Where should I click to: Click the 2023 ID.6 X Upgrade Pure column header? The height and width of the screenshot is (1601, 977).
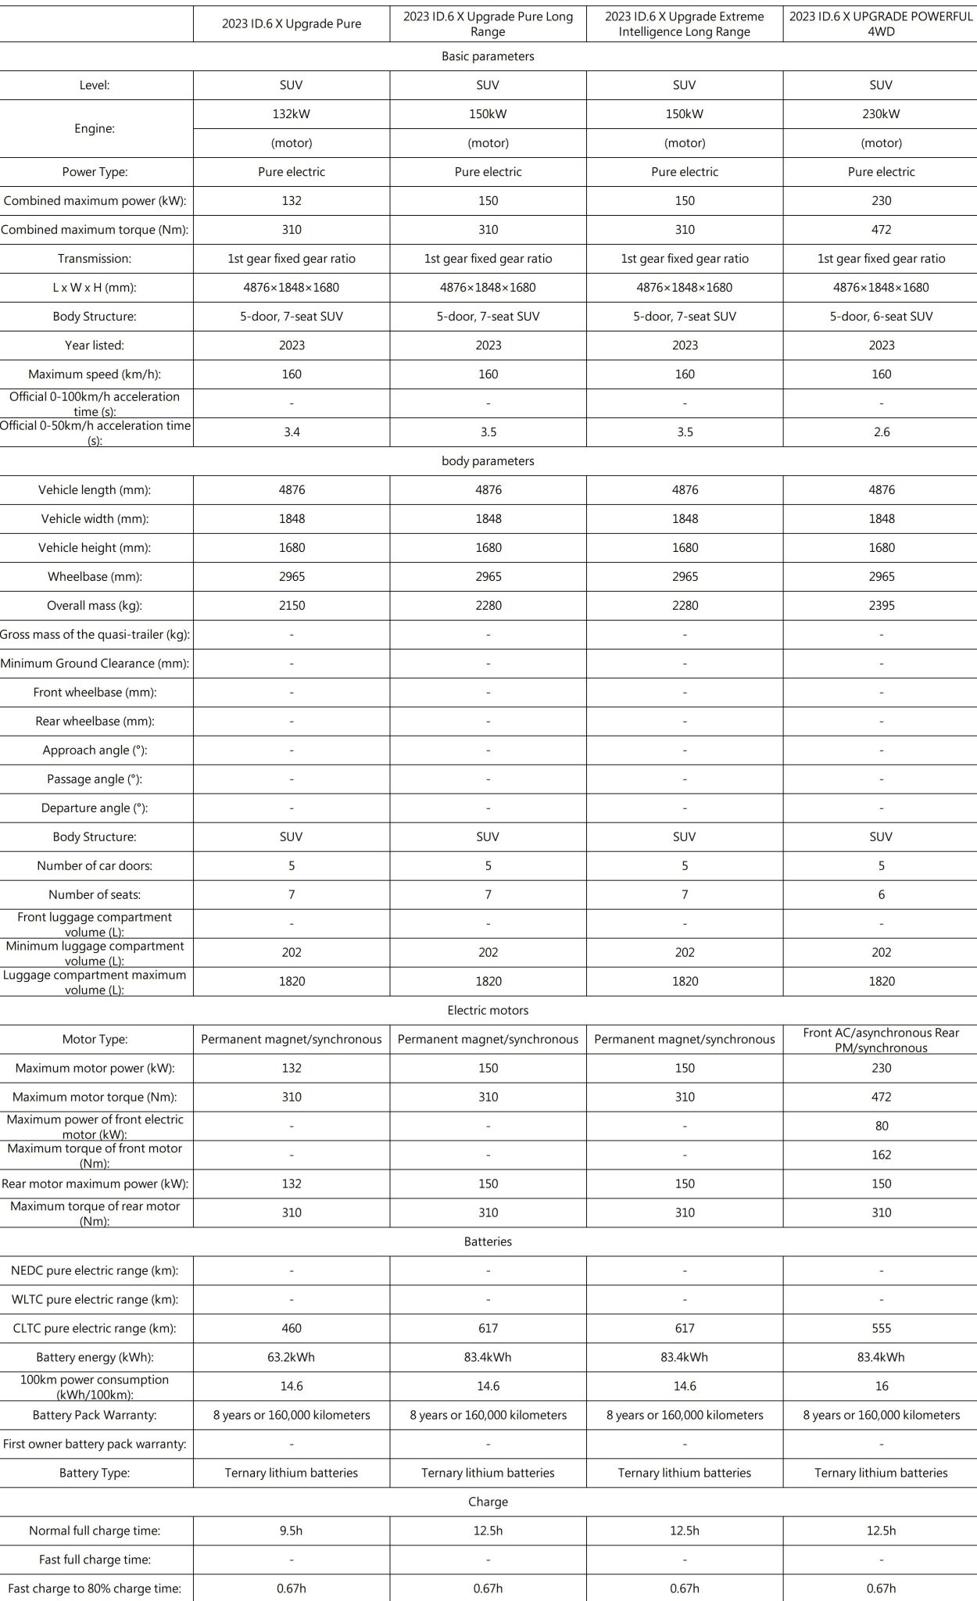[292, 23]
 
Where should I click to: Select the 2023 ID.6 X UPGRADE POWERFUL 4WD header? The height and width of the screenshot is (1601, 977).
[881, 23]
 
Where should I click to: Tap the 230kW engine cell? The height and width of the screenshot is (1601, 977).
[881, 114]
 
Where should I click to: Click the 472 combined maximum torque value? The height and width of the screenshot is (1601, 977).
[881, 230]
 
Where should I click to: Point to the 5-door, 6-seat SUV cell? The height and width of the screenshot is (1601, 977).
[881, 317]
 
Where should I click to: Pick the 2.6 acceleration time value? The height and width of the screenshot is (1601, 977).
[881, 432]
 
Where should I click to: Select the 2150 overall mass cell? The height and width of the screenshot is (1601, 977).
[292, 606]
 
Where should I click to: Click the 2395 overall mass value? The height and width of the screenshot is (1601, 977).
[881, 606]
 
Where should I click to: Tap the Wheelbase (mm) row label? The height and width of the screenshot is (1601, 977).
[95, 577]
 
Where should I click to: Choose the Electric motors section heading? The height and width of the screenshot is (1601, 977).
[488, 1010]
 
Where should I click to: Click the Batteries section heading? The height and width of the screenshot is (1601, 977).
[488, 1241]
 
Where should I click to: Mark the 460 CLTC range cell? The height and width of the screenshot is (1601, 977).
[292, 1328]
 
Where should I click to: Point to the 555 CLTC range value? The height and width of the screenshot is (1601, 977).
[881, 1328]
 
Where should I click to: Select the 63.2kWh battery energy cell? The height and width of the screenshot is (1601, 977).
[292, 1357]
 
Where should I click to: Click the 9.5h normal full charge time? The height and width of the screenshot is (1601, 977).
[292, 1531]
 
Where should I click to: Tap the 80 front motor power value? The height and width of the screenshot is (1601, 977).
[881, 1126]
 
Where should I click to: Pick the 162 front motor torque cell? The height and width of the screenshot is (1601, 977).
[881, 1155]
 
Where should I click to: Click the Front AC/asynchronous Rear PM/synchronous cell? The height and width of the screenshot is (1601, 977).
[881, 1040]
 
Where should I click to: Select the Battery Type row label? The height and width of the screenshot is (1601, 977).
[95, 1473]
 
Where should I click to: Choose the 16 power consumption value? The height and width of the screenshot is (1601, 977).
[881, 1386]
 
